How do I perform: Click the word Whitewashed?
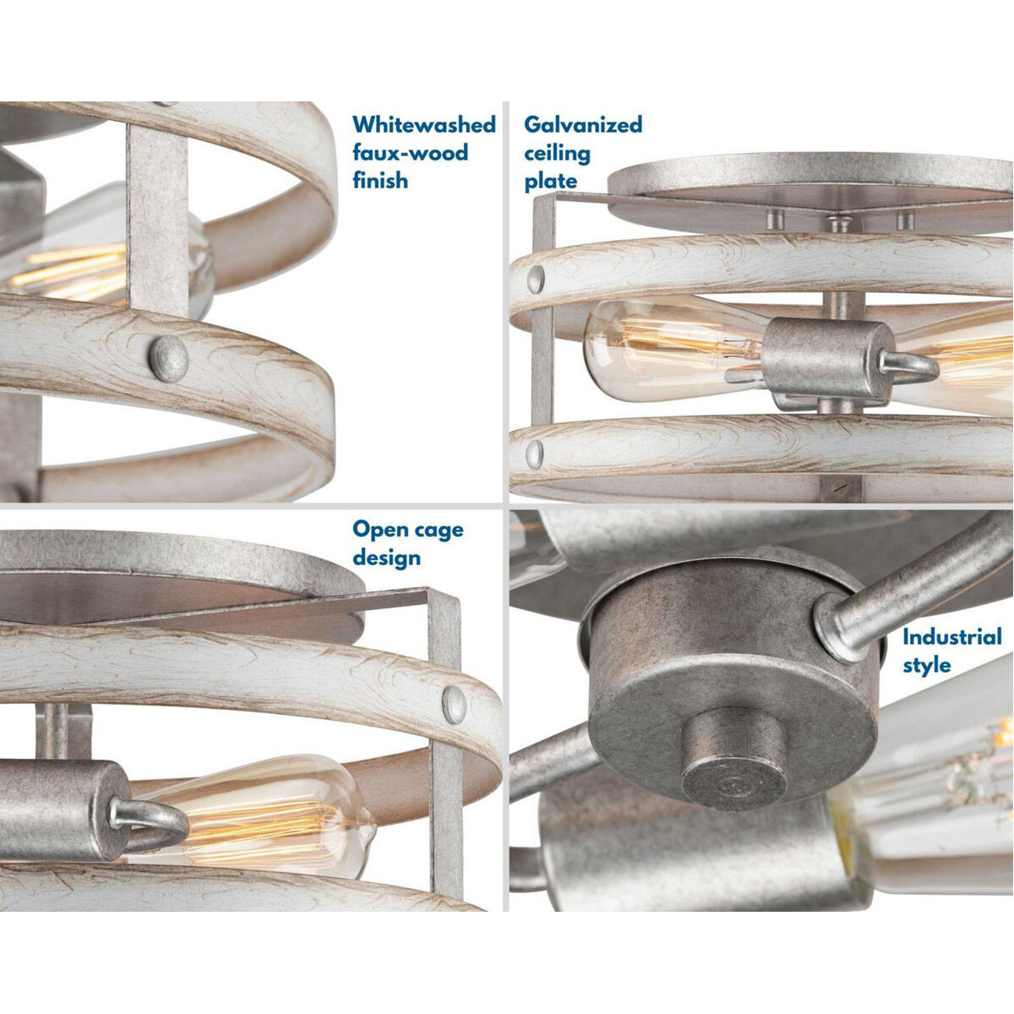[424, 125]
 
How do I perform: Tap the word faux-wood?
[411, 153]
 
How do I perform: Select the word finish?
[380, 181]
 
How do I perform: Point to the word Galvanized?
[583, 126]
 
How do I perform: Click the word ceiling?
[557, 154]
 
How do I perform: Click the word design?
[387, 558]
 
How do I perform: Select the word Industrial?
[952, 637]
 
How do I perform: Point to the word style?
[927, 665]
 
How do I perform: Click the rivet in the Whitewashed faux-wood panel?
[168, 358]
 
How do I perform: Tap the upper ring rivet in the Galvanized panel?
[536, 280]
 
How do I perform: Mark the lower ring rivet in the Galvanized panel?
[535, 455]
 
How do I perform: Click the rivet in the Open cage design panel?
[454, 705]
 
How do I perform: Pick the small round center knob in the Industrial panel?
[734, 757]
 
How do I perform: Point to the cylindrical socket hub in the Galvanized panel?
[827, 359]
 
